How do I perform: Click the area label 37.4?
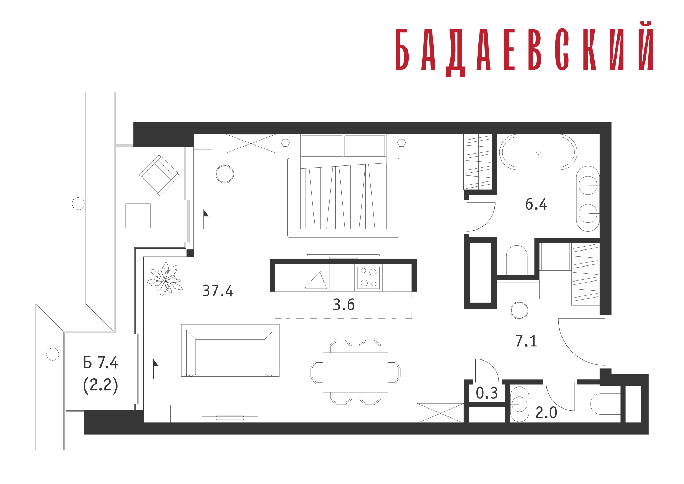click(x=218, y=291)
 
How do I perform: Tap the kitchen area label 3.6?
click(x=344, y=305)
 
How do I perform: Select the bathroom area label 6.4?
click(x=536, y=204)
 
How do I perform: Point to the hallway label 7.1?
click(x=526, y=341)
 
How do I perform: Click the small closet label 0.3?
click(x=487, y=393)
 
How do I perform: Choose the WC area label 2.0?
click(x=546, y=413)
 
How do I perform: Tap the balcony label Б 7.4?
click(x=100, y=363)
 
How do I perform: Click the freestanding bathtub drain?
click(x=538, y=153)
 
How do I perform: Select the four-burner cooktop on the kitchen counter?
click(x=368, y=277)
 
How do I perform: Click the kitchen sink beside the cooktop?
click(x=316, y=278)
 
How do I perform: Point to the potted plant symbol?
click(x=165, y=279)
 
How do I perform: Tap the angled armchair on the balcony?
click(x=159, y=175)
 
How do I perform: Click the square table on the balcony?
click(x=138, y=216)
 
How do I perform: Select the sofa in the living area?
click(x=230, y=351)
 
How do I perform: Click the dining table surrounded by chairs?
click(x=355, y=372)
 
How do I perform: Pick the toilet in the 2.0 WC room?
click(x=606, y=404)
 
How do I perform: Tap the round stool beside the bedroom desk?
click(x=225, y=174)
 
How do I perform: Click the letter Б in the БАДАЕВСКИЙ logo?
click(x=402, y=49)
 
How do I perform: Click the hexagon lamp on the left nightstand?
click(x=285, y=143)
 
